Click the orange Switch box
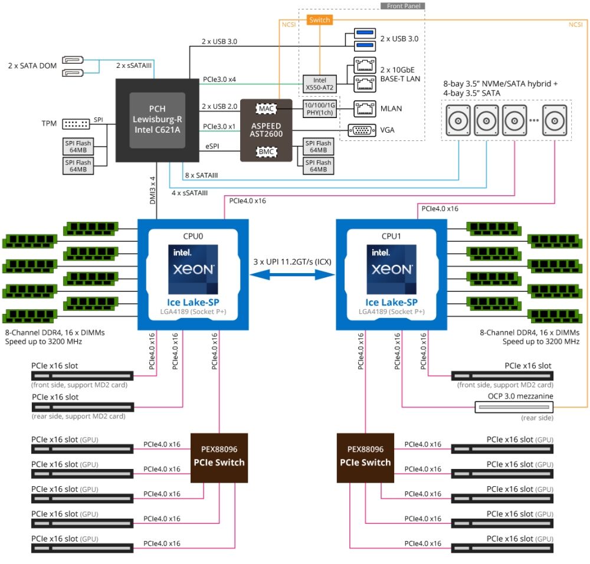click(320, 20)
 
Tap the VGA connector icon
click(362, 130)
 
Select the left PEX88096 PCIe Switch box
click(218, 457)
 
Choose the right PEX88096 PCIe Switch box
click(365, 457)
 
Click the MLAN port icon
click(362, 108)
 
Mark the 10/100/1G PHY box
click(318, 109)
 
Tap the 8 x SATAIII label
click(201, 175)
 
